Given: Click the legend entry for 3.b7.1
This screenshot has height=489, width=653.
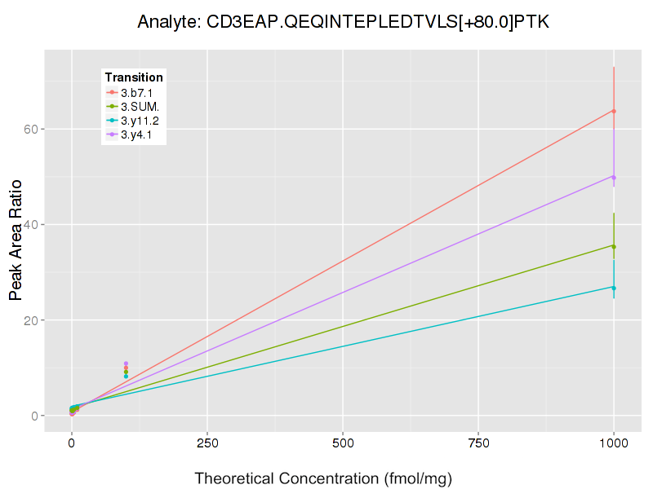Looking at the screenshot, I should pyautogui.click(x=136, y=93).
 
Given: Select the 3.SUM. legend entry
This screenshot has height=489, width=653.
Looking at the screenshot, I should pyautogui.click(x=140, y=107).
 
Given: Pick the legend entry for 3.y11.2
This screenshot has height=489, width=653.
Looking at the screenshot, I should pyautogui.click(x=140, y=121).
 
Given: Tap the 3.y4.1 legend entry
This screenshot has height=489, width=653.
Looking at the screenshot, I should pyautogui.click(x=136, y=134).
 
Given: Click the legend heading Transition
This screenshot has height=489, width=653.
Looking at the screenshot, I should pyautogui.click(x=134, y=77).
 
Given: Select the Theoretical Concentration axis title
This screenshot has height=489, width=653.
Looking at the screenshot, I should pyautogui.click(x=323, y=478).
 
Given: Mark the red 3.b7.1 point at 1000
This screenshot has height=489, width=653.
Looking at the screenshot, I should pyautogui.click(x=614, y=111).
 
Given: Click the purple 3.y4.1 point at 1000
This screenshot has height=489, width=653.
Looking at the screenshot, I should pyautogui.click(x=614, y=177).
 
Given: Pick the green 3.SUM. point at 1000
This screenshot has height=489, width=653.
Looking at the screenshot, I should pyautogui.click(x=614, y=246).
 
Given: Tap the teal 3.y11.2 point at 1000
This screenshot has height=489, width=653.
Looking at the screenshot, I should pyautogui.click(x=614, y=288).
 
